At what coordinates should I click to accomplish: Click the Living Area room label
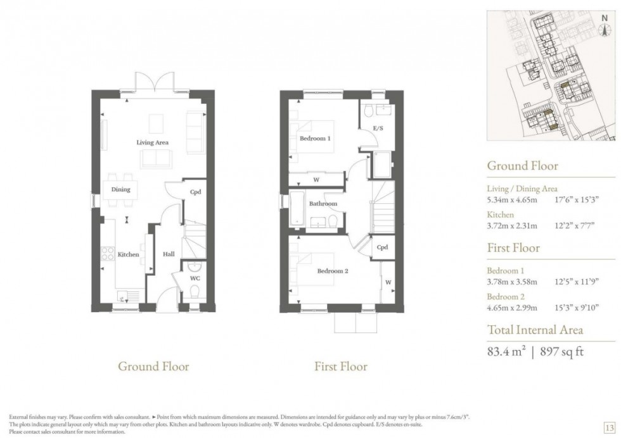coord(152,142)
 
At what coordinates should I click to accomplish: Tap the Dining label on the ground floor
coord(120,189)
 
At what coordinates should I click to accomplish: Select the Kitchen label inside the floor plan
coord(128,254)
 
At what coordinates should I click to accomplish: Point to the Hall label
coord(169,254)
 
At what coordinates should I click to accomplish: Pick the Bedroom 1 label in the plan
coord(315,138)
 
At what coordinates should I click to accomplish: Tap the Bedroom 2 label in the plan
coord(333,271)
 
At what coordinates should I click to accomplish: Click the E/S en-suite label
coord(378,128)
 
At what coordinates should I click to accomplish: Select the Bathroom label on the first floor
coord(323,204)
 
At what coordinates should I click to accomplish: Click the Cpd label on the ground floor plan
coord(195,192)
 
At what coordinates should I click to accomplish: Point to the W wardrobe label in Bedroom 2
coord(387,282)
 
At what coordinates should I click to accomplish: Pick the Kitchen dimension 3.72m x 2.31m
coord(512,226)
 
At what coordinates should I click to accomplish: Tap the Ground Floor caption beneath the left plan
coord(153,366)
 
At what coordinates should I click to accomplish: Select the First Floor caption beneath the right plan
coord(340,366)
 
